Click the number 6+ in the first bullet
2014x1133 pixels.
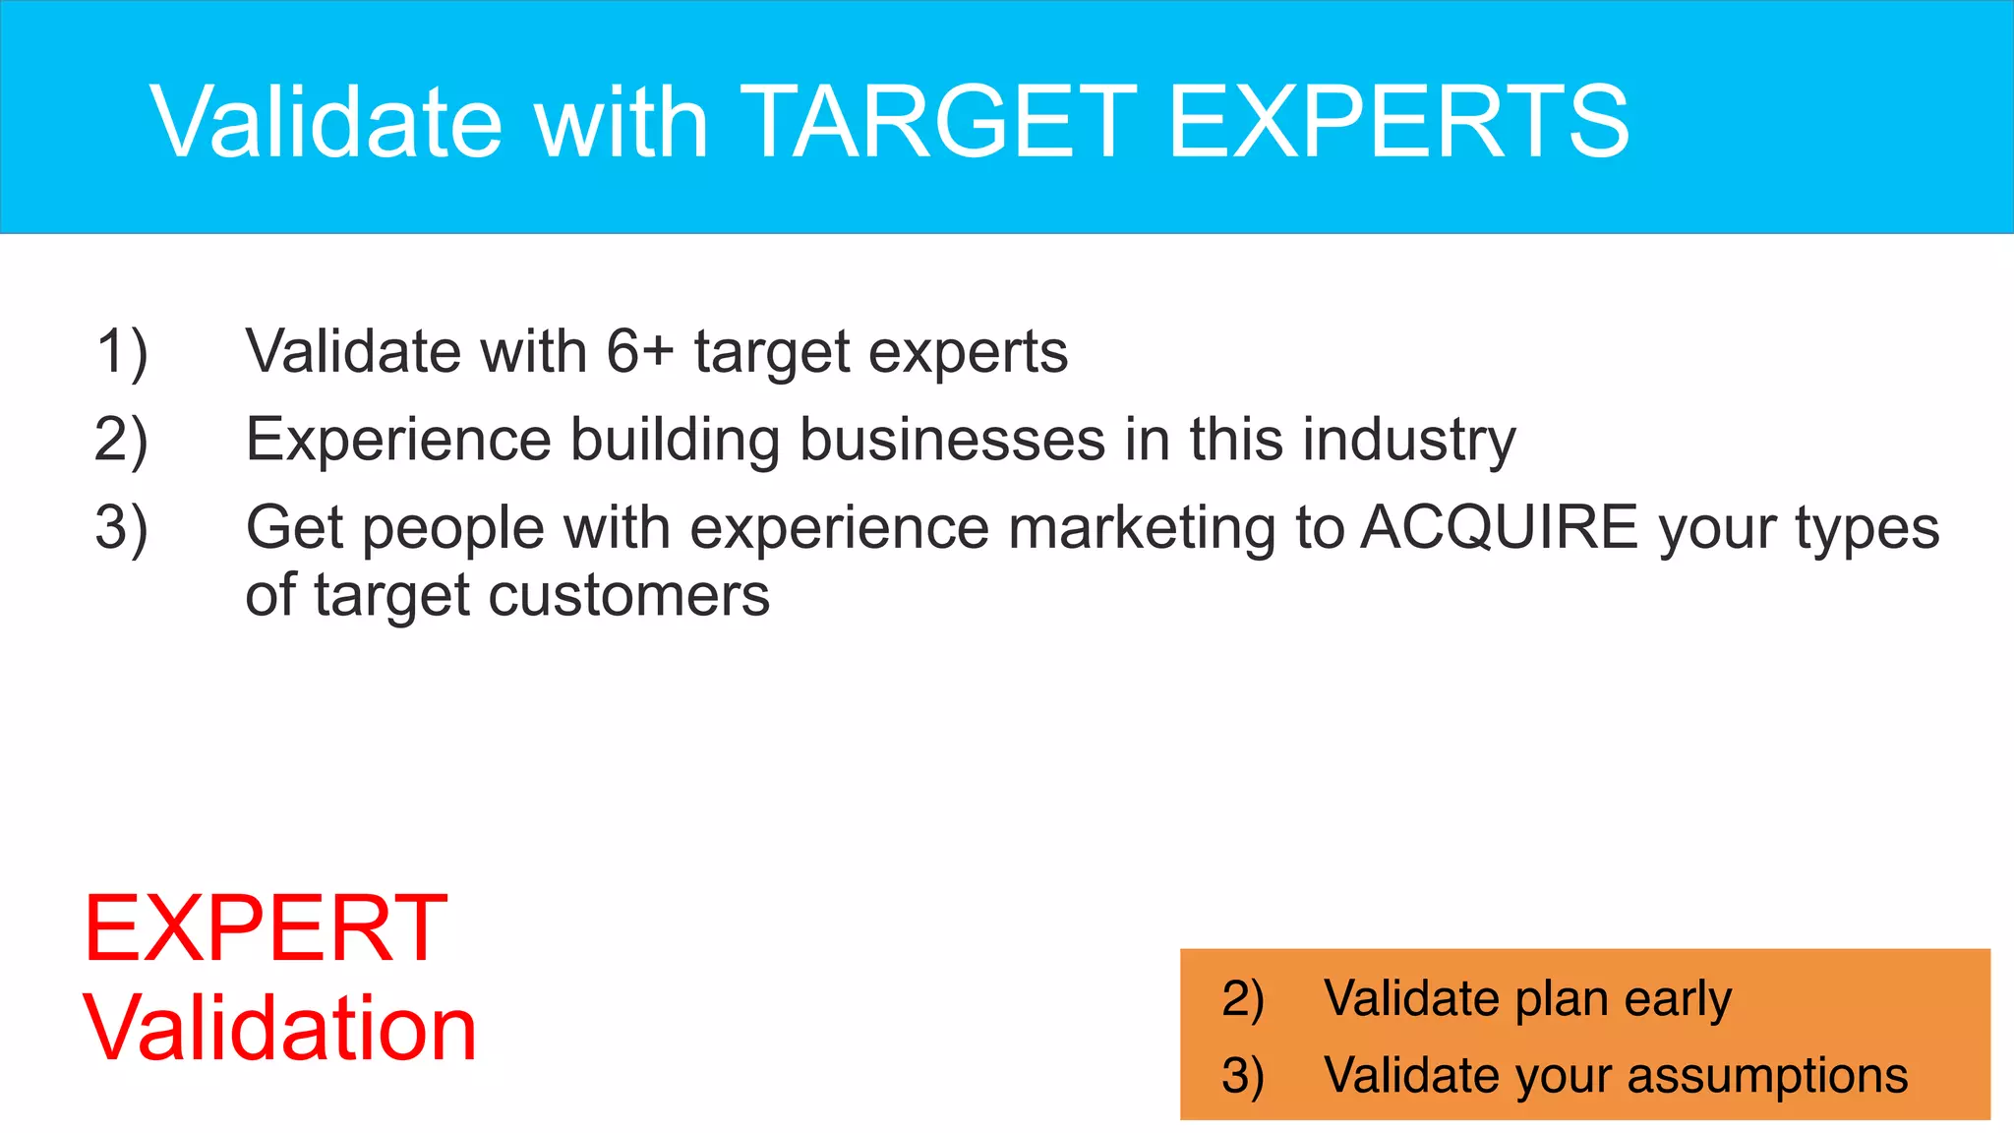point(639,351)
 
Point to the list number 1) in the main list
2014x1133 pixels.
point(122,352)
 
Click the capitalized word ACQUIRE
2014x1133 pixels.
point(1499,527)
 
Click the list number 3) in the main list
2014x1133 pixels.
point(122,528)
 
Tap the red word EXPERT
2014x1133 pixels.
point(266,927)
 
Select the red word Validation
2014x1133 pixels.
point(279,1028)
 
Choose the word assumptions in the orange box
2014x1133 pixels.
point(1767,1075)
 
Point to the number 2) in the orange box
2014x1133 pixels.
point(1242,999)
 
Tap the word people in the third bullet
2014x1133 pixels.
point(453,529)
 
